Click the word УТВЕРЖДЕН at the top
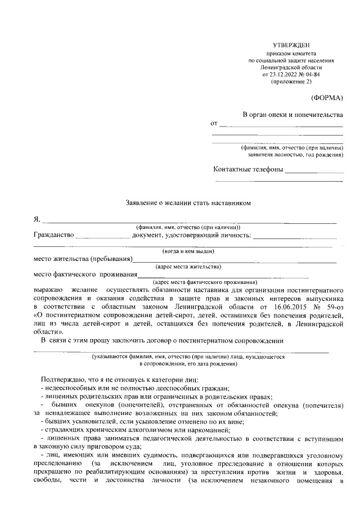pos(290,44)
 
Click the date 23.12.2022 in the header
pos(286,74)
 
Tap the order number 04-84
pos(313,74)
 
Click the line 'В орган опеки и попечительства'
pos(292,115)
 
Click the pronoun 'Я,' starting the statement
pos(37,219)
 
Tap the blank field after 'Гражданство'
pos(102,237)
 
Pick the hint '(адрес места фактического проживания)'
pos(205,282)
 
